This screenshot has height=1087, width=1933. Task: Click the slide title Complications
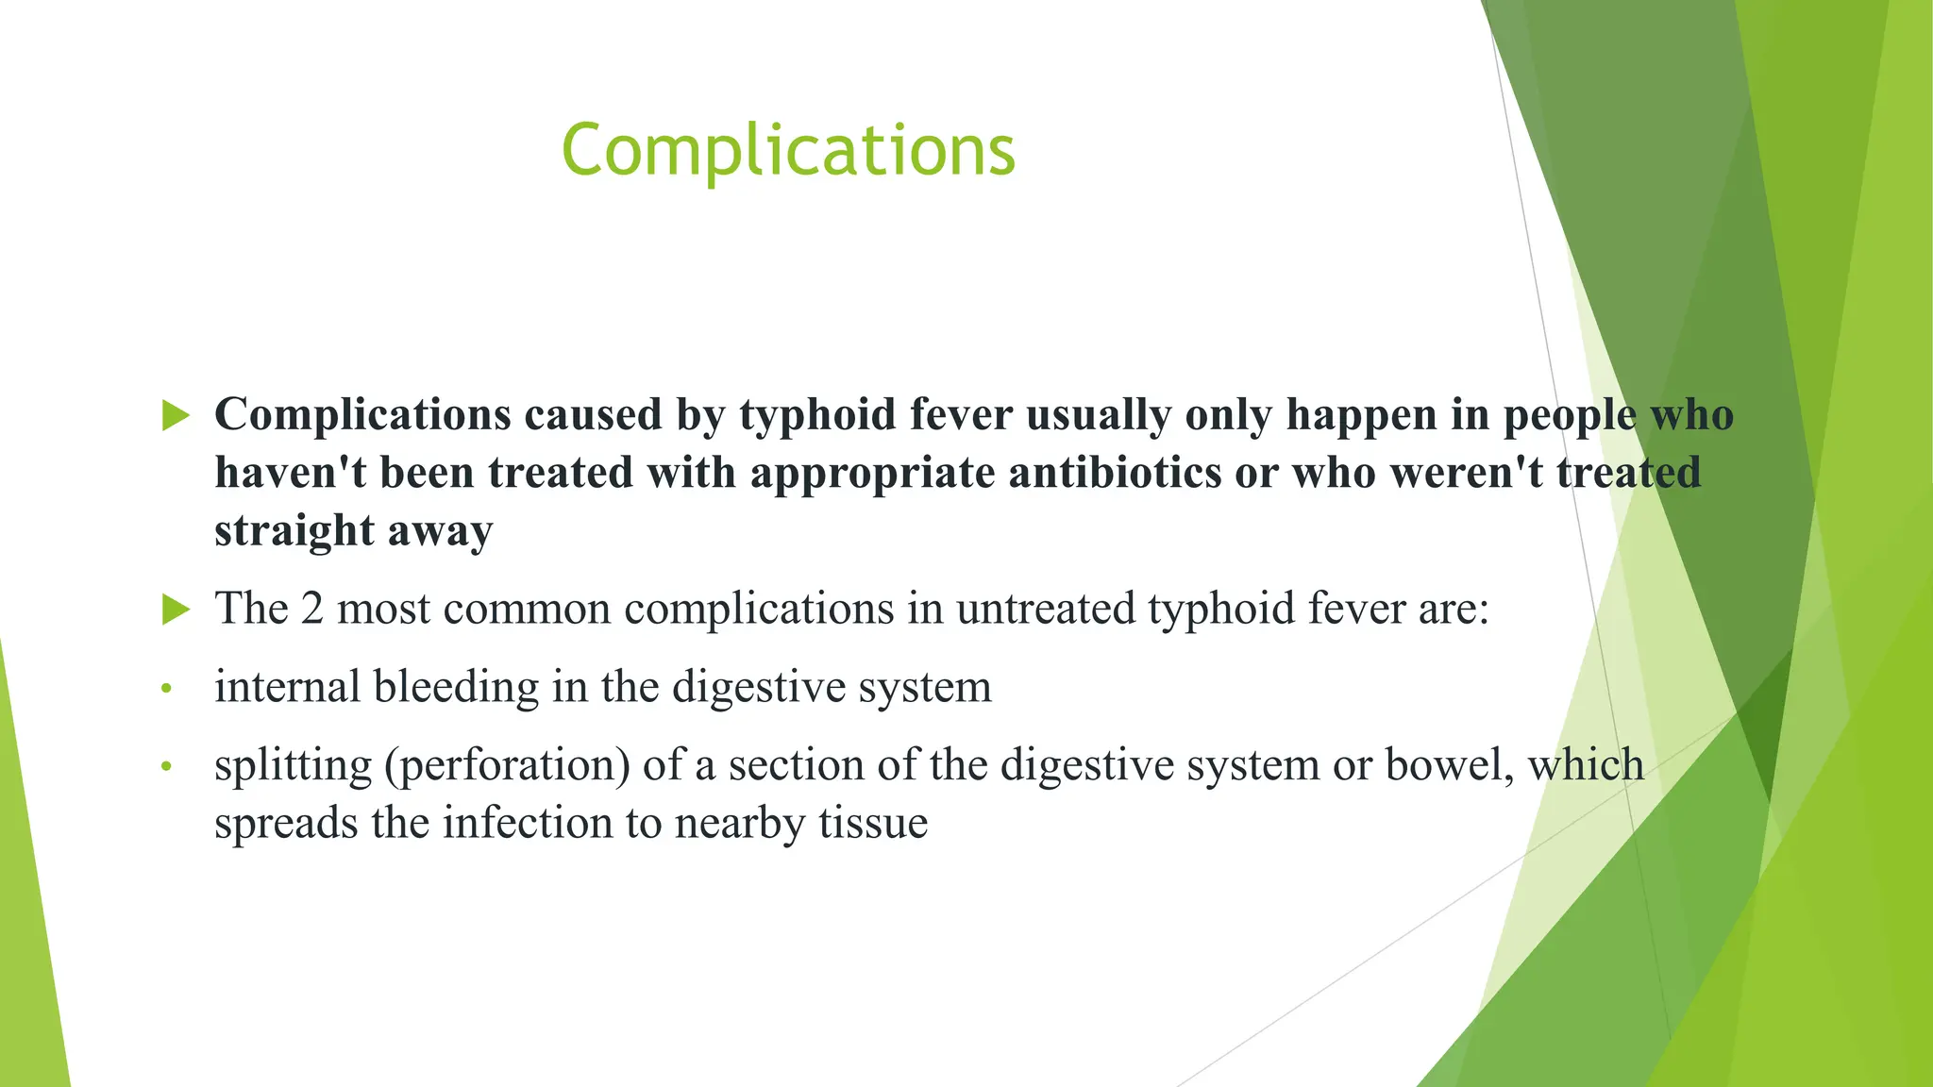[x=788, y=151]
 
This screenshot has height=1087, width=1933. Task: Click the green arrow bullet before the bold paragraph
[x=176, y=415]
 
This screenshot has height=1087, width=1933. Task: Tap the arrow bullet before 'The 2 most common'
[x=176, y=609]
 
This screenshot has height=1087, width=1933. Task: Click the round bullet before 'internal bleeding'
[x=167, y=690]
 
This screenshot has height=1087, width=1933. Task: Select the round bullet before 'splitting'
[x=167, y=767]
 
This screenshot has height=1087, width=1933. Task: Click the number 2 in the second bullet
[x=311, y=609]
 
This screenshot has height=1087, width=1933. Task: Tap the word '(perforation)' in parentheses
[x=507, y=765]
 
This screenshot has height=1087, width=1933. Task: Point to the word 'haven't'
[x=291, y=472]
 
